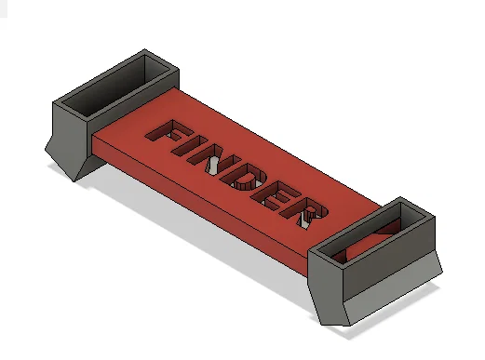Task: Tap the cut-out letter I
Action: [192, 149]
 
